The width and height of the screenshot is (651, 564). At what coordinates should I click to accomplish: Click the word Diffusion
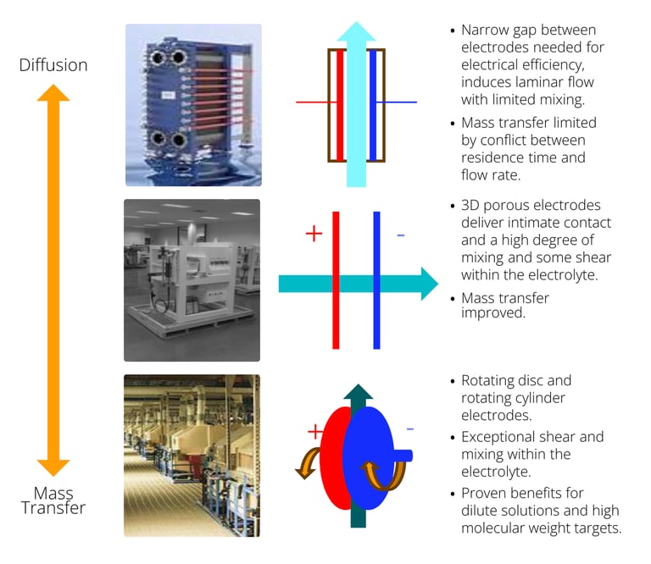(53, 65)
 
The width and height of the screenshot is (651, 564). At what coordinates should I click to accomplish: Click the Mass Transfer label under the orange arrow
(53, 500)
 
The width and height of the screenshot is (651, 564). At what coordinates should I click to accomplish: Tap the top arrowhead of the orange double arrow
(53, 92)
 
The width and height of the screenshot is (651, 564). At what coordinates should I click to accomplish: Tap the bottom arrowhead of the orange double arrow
(53, 467)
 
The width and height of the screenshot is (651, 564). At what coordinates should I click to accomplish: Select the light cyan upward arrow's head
(356, 31)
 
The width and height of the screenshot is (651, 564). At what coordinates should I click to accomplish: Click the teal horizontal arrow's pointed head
(430, 284)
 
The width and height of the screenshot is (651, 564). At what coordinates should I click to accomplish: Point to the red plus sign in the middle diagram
(314, 233)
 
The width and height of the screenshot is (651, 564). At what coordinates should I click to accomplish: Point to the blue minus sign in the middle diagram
(401, 235)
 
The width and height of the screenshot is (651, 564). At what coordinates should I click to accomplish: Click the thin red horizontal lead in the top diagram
(316, 102)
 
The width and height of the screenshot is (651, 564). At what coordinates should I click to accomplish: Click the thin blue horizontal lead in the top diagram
(397, 102)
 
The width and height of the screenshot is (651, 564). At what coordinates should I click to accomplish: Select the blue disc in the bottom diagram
(368, 458)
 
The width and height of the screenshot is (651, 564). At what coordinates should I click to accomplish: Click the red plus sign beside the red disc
(315, 431)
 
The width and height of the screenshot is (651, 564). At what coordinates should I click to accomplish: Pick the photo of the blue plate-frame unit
(193, 105)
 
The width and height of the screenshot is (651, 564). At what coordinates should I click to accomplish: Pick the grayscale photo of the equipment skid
(192, 280)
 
